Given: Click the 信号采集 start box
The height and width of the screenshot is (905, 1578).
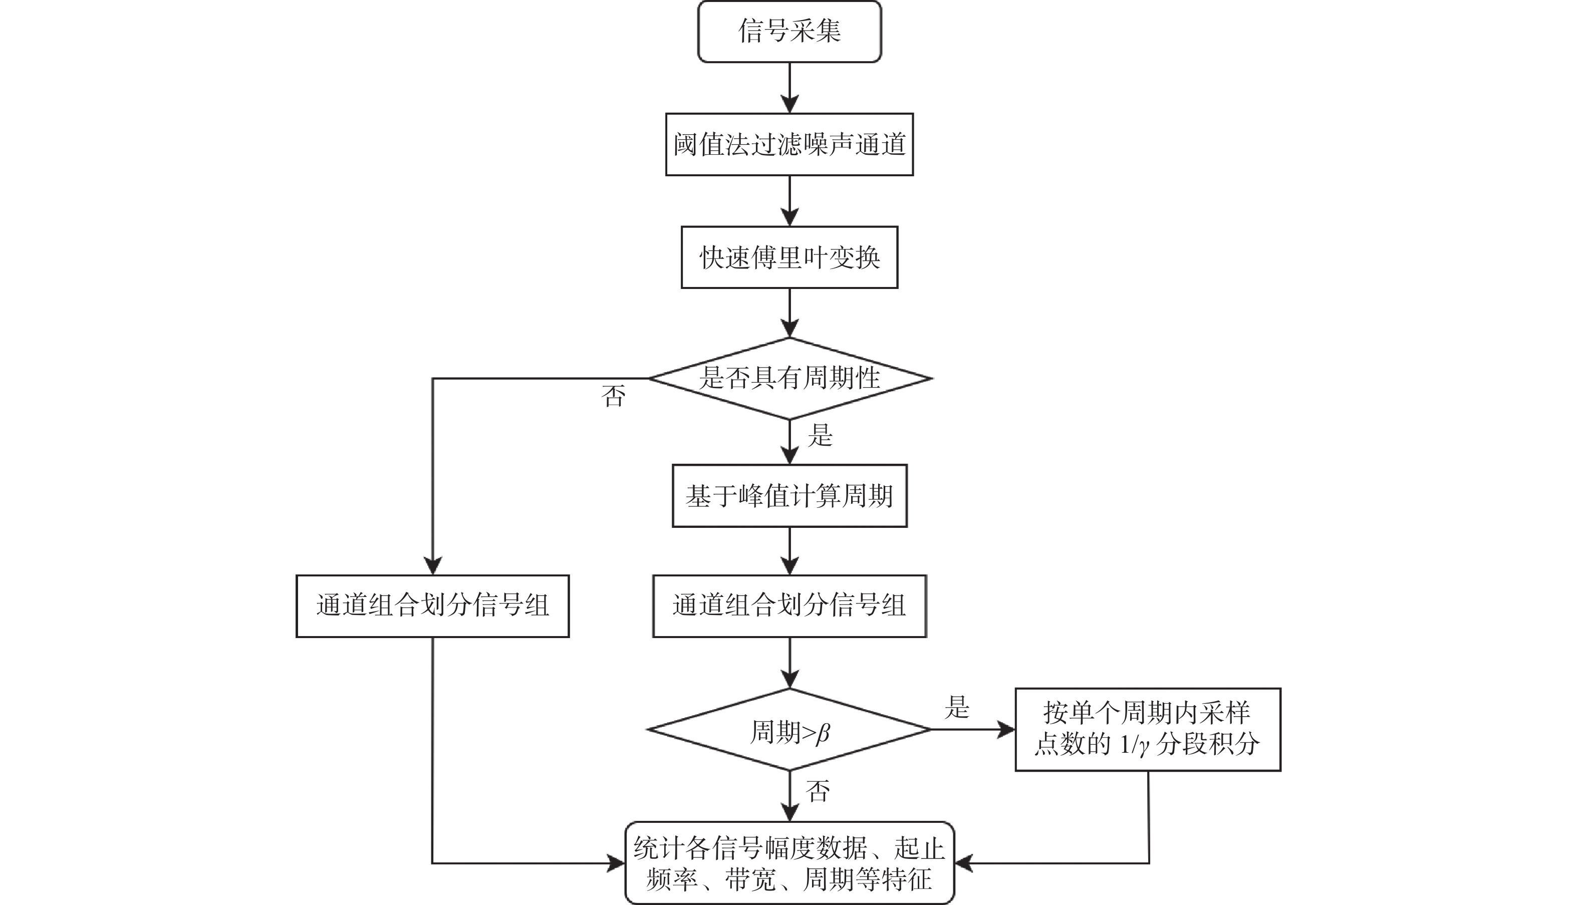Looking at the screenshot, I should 790,31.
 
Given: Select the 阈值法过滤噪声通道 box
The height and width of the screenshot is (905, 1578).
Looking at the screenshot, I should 790,144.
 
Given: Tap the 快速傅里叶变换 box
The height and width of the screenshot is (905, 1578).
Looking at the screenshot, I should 790,257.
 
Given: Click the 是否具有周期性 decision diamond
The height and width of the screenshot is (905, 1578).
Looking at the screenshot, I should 790,378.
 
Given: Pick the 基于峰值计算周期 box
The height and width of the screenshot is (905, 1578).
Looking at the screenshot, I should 790,496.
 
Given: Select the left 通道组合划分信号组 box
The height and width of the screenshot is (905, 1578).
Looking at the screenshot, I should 432,606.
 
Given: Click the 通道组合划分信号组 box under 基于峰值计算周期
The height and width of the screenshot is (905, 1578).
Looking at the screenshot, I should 790,606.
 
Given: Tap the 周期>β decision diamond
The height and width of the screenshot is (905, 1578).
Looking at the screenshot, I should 790,730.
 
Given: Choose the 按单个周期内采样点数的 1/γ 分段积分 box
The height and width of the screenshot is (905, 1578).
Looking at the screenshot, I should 1147,729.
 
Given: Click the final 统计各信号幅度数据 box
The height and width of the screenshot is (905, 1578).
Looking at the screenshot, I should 790,863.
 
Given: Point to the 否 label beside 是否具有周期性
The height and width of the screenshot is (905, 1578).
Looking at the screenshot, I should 614,397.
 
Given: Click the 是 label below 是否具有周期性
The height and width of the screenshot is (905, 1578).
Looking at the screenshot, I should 820,436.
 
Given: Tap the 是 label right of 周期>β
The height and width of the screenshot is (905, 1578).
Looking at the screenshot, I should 957,707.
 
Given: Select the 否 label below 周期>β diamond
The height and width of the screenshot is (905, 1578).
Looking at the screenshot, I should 818,791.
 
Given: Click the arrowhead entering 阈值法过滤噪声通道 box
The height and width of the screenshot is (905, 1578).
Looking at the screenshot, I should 790,104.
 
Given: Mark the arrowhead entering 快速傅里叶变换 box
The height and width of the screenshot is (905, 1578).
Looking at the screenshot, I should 790,217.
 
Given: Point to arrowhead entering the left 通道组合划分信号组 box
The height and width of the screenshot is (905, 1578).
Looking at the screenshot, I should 432,565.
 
